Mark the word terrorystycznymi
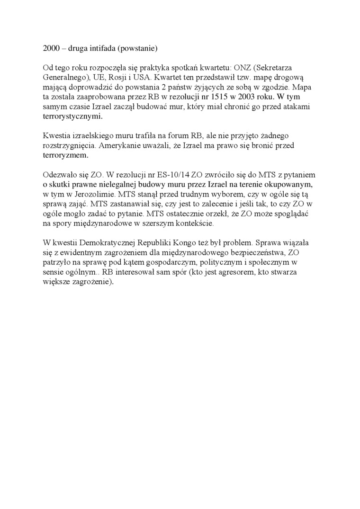[72, 116]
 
